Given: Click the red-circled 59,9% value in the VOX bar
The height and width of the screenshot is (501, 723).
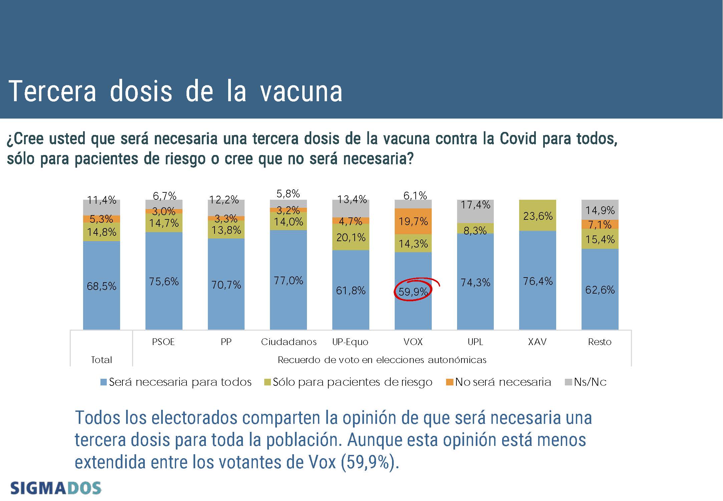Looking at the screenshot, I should pyautogui.click(x=413, y=292).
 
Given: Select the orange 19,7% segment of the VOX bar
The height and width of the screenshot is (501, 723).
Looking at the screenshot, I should pyautogui.click(x=413, y=221).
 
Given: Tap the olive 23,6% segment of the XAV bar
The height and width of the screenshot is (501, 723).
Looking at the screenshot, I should pyautogui.click(x=537, y=216).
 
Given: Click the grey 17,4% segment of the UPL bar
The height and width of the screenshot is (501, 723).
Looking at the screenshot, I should pyautogui.click(x=475, y=211).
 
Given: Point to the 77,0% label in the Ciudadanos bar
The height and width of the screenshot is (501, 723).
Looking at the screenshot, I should pyautogui.click(x=288, y=280).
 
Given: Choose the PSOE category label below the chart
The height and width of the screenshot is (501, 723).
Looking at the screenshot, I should pyautogui.click(x=163, y=342).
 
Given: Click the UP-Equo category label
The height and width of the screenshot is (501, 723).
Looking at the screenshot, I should pyautogui.click(x=350, y=342).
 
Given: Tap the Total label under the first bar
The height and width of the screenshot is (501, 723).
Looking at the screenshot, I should pyautogui.click(x=101, y=360).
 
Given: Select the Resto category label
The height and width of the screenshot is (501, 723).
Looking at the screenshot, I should pyautogui.click(x=600, y=342).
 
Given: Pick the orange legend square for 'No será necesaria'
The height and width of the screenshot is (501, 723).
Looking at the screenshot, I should pyautogui.click(x=450, y=382).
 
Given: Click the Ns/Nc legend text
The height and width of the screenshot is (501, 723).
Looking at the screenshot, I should pyautogui.click(x=590, y=382).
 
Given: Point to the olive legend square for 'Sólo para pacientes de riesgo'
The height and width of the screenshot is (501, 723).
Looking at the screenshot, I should pyautogui.click(x=267, y=382).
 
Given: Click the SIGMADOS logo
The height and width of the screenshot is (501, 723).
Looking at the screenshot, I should pyautogui.click(x=56, y=488).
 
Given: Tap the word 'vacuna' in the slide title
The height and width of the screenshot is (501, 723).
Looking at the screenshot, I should pyautogui.click(x=301, y=91).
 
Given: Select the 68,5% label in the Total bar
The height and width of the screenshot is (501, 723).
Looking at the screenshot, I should pyautogui.click(x=101, y=286).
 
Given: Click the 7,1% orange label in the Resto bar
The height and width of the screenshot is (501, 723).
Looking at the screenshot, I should pyautogui.click(x=600, y=224).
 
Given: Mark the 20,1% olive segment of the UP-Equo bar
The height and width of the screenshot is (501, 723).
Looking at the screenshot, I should pyautogui.click(x=351, y=237).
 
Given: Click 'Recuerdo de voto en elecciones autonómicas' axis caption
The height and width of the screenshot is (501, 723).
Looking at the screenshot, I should pyautogui.click(x=382, y=360).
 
